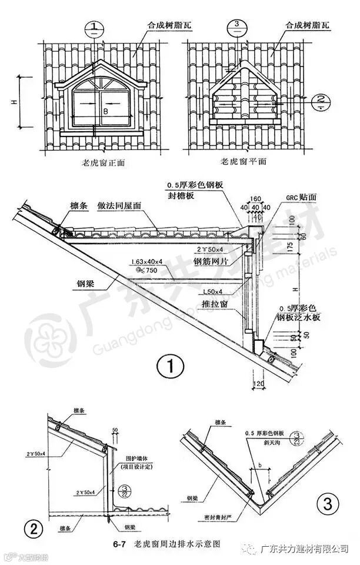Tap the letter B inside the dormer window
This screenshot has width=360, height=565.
[x=105, y=109]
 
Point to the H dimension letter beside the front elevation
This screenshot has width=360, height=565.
[x=14, y=102]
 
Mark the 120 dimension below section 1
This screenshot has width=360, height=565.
[x=257, y=383]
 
